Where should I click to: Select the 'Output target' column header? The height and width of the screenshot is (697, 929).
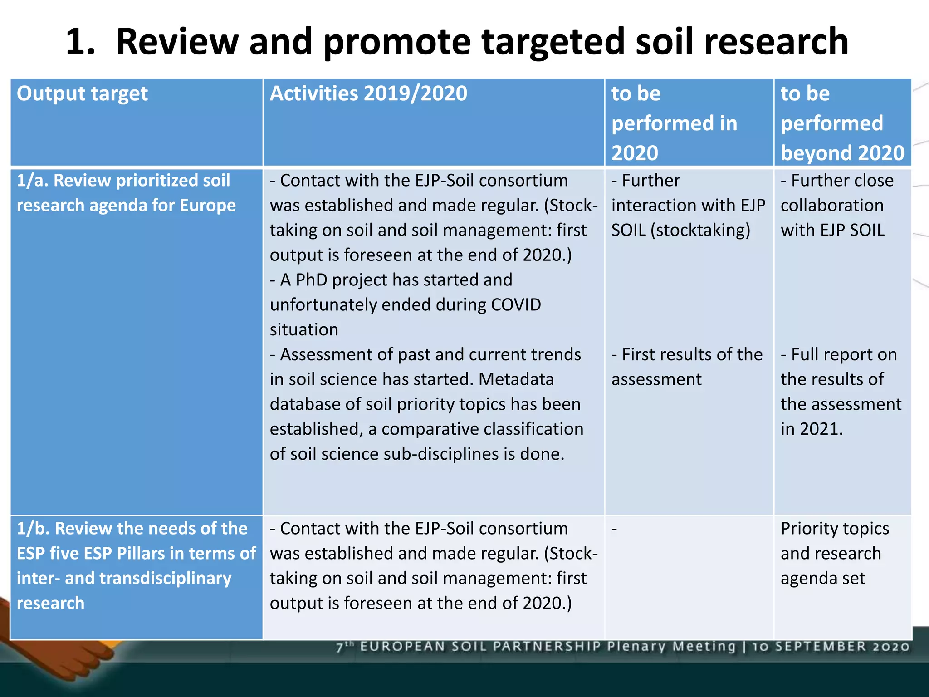pyautogui.click(x=82, y=94)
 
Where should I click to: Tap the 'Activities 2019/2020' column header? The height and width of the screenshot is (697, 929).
pyautogui.click(x=368, y=94)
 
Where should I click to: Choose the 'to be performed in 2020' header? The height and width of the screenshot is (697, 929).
pyautogui.click(x=674, y=123)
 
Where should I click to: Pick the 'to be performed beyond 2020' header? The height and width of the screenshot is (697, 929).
pyautogui.click(x=842, y=123)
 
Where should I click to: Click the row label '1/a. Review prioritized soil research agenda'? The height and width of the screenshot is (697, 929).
pyautogui.click(x=126, y=193)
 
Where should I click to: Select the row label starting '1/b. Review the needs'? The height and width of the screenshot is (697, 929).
pyautogui.click(x=136, y=565)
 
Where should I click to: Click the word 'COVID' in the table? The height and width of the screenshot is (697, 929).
pyautogui.click(x=516, y=305)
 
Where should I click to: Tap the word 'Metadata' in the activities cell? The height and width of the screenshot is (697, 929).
pyautogui.click(x=516, y=379)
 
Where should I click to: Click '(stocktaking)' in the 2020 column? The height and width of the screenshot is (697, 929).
pyautogui.click(x=700, y=231)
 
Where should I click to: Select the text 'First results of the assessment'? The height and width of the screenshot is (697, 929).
pyautogui.click(x=686, y=367)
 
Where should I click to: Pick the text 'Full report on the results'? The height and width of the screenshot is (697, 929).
pyautogui.click(x=838, y=367)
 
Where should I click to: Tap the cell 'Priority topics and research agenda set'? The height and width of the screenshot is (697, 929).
pyautogui.click(x=834, y=553)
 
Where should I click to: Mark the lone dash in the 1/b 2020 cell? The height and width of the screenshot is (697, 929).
pyautogui.click(x=614, y=529)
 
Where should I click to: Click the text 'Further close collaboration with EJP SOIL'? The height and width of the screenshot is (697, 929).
pyautogui.click(x=836, y=206)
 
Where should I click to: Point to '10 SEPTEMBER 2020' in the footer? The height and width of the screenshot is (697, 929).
pyautogui.click(x=831, y=646)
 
